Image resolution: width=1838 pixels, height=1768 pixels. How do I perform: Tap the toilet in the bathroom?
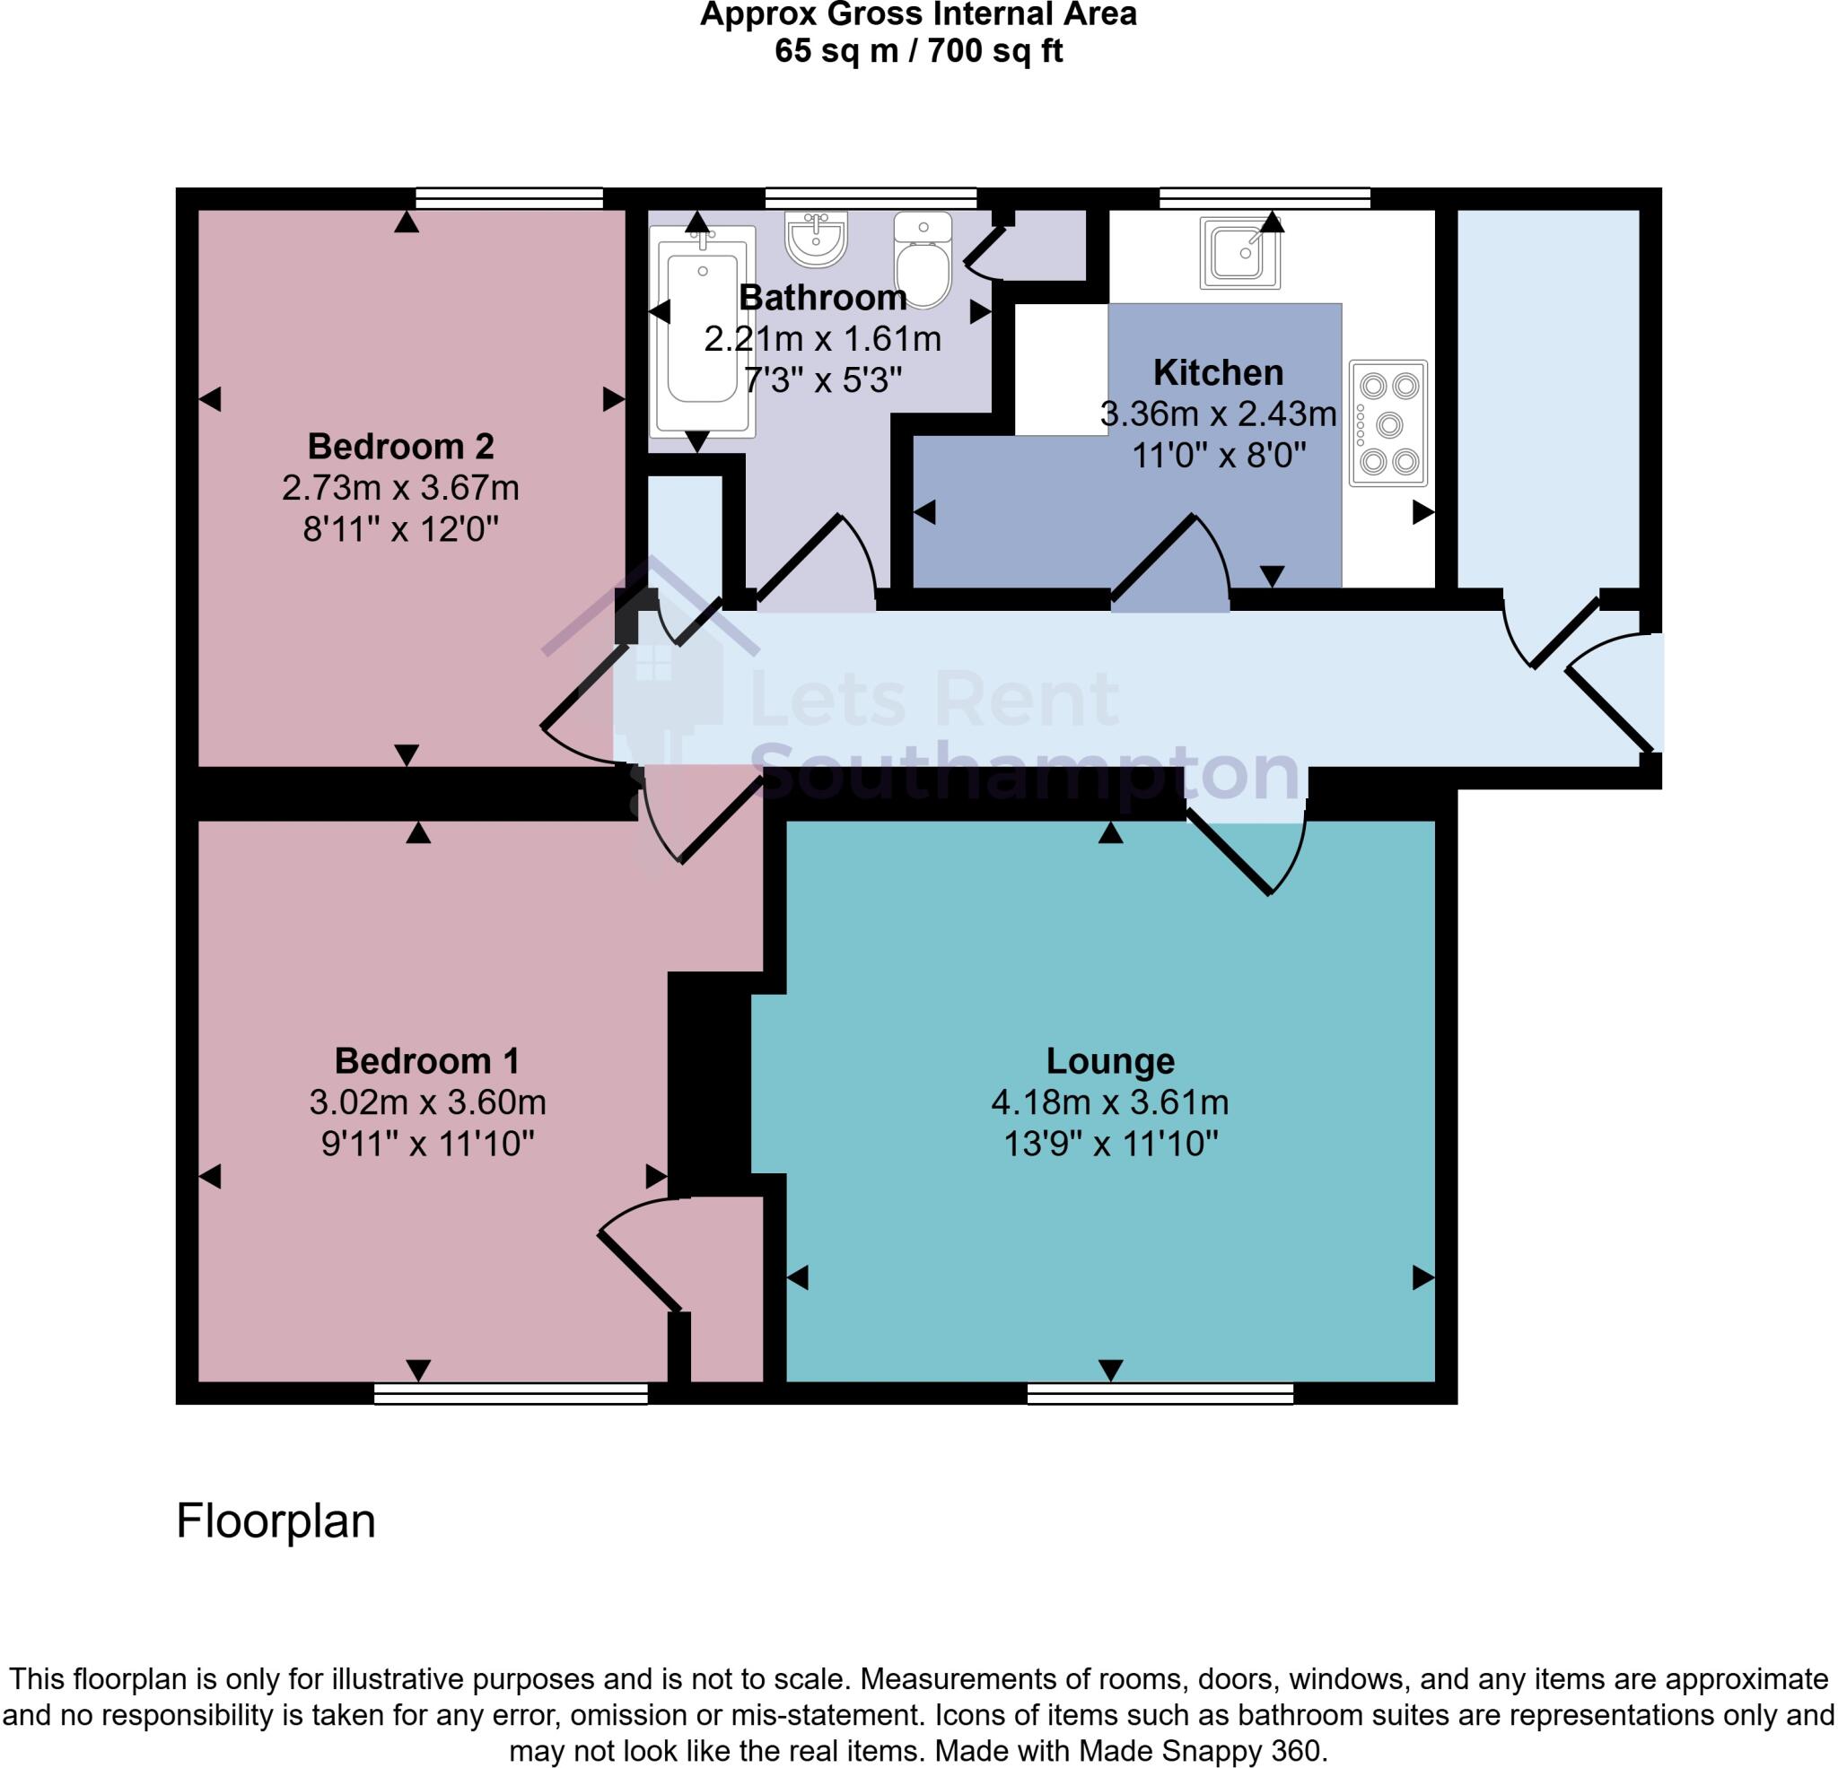pyautogui.click(x=923, y=261)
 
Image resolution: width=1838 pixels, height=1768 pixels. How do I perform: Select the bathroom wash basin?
pyautogui.click(x=816, y=238)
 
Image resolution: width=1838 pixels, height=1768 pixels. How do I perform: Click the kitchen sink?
pyautogui.click(x=1239, y=252)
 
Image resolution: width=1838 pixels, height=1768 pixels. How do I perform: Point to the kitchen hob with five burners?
pyautogui.click(x=1387, y=423)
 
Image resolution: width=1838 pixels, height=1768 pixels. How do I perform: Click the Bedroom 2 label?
pyautogui.click(x=400, y=446)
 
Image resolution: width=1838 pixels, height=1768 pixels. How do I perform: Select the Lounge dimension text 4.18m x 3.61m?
pyautogui.click(x=1109, y=1102)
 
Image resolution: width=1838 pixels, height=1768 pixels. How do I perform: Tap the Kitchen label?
pyautogui.click(x=1217, y=372)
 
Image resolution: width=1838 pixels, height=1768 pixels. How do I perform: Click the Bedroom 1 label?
pyautogui.click(x=426, y=1060)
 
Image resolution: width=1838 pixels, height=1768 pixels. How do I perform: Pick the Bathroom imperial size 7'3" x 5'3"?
pyautogui.click(x=822, y=379)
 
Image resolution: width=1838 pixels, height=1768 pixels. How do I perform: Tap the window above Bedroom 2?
pyautogui.click(x=508, y=198)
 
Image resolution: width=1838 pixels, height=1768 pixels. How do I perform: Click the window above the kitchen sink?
pyautogui.click(x=1265, y=198)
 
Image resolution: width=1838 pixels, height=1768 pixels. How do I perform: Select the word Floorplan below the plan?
pyautogui.click(x=276, y=1520)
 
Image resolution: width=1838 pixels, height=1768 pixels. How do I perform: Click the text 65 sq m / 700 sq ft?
pyautogui.click(x=918, y=50)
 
